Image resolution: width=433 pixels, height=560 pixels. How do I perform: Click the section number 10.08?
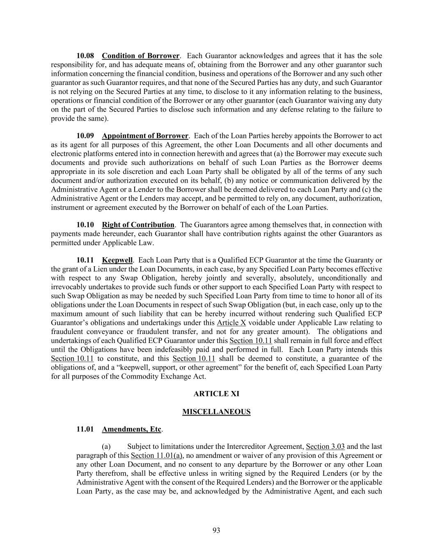coord(85,56)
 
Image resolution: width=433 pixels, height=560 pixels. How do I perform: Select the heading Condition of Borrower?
coord(140,56)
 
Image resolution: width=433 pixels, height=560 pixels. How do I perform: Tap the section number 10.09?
coord(85,136)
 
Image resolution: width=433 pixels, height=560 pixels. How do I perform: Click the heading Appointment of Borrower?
coord(145,136)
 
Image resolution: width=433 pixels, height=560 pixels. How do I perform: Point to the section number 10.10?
coord(85,225)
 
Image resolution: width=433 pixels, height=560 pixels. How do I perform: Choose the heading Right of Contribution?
coord(138,225)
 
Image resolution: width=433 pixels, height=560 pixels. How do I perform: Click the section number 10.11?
coord(85,260)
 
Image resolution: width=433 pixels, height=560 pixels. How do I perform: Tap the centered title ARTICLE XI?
coord(216,394)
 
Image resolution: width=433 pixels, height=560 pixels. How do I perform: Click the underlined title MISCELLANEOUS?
coord(216,412)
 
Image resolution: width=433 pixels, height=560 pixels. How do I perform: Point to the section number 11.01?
coord(85,430)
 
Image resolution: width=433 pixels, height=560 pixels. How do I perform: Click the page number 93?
coord(216,530)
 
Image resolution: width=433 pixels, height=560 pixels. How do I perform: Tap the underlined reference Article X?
coord(231,323)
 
